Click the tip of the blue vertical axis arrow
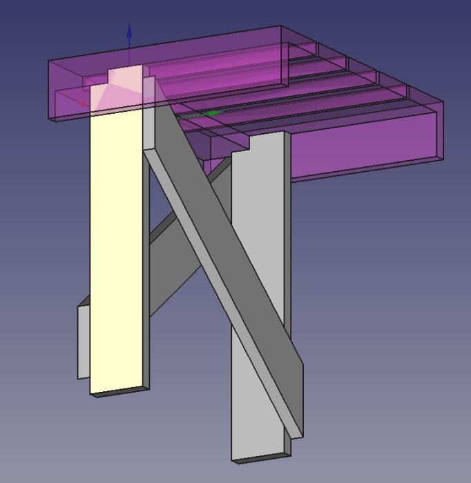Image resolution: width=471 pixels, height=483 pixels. click(128, 26)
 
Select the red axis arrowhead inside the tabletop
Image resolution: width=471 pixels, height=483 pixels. click(85, 104)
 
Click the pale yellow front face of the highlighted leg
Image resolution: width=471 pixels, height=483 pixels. click(115, 248)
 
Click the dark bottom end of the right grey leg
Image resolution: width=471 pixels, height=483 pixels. click(262, 457)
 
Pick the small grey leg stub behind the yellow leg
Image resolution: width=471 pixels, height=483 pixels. click(84, 342)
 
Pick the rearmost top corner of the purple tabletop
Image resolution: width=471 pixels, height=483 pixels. click(281, 27)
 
